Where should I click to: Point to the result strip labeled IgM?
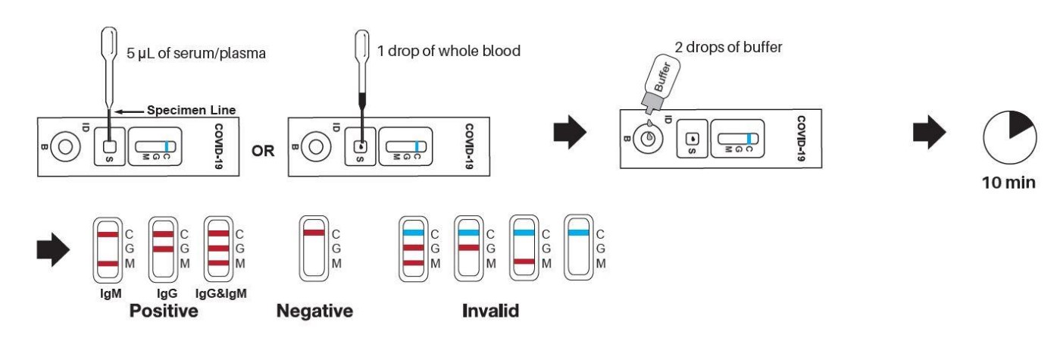[x=108, y=249]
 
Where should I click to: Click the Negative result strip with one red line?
[x=313, y=249]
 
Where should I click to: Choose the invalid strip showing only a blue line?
[x=580, y=249]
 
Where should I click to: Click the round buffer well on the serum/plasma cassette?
[x=66, y=144]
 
